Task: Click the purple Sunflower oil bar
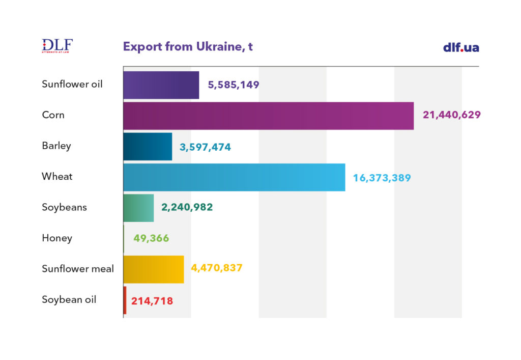click(161, 85)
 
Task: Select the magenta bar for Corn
click(268, 116)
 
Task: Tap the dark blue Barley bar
click(148, 147)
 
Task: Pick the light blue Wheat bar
click(234, 177)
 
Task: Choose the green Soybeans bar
click(138, 208)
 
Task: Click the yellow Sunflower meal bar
click(153, 269)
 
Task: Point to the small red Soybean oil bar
click(125, 300)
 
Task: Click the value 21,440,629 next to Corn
click(451, 115)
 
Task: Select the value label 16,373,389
click(382, 178)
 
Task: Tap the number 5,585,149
click(234, 85)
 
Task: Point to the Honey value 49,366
click(151, 238)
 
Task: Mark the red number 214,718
click(152, 301)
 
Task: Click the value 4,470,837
click(217, 268)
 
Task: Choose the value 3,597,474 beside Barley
click(205, 147)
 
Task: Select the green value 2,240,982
click(187, 207)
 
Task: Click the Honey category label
click(57, 238)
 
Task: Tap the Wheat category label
click(57, 177)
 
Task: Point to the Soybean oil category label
click(69, 299)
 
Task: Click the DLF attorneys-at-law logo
click(57, 46)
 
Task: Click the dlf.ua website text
click(461, 47)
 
